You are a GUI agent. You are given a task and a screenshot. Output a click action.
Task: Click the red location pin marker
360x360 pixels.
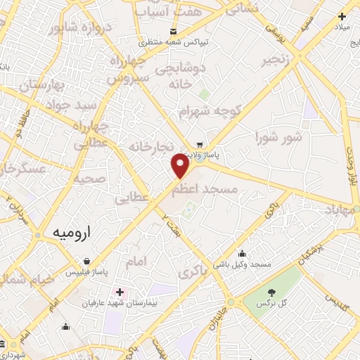pyautogui.click(x=181, y=166)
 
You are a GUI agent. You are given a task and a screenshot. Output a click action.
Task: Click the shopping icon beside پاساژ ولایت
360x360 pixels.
pyautogui.click(x=200, y=144)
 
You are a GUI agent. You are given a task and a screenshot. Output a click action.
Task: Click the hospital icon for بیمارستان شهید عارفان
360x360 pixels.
pyautogui.click(x=120, y=291)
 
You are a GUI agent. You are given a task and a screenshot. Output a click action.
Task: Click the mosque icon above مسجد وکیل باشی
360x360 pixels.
pyautogui.click(x=243, y=254)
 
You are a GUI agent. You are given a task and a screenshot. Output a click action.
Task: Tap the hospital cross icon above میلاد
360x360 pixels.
pyautogui.click(x=342, y=15)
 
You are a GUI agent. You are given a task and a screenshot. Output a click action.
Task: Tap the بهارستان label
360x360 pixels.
pyautogui.click(x=41, y=86)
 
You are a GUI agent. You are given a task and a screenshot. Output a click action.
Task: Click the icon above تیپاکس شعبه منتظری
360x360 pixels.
pyautogui.click(x=173, y=32)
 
